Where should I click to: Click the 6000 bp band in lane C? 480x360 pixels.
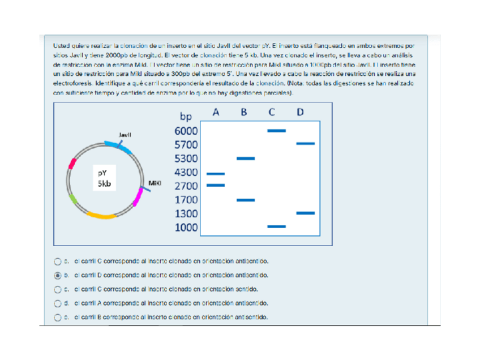tap(276, 131)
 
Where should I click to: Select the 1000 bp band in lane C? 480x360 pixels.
tap(276, 226)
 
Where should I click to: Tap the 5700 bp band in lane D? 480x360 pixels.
tap(305, 144)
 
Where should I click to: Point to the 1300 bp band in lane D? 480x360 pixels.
tap(305, 213)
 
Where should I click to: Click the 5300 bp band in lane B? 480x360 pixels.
tap(246, 158)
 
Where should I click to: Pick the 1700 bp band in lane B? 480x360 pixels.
tap(246, 200)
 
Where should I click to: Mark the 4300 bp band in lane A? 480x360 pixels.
tap(216, 174)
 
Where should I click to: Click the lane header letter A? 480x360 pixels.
tap(216, 112)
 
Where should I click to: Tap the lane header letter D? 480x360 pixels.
tap(300, 112)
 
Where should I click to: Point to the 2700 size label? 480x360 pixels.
tap(186, 186)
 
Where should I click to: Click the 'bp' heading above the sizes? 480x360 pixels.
tap(186, 117)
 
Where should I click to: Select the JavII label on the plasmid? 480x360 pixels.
tap(125, 135)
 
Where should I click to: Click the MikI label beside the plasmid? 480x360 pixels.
tap(154, 183)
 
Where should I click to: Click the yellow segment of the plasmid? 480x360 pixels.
tap(104, 216)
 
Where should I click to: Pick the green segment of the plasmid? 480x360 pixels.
tap(73, 199)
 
